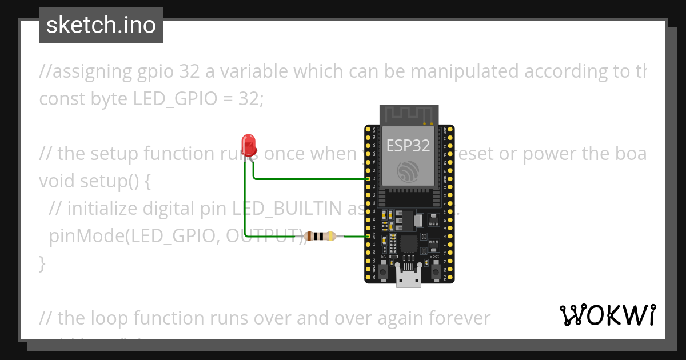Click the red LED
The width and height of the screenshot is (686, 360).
[x=248, y=144]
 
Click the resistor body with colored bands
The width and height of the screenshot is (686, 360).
[x=320, y=235]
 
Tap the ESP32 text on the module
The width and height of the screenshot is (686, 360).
[x=408, y=145]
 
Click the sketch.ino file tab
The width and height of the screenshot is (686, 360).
[x=101, y=25]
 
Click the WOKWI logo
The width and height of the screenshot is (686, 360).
[x=607, y=315]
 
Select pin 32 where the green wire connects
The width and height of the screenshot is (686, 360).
[x=368, y=179]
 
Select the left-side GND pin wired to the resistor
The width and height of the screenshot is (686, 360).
[x=368, y=235]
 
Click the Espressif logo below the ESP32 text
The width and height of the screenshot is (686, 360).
[x=408, y=170]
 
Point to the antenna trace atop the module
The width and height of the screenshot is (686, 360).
[x=409, y=115]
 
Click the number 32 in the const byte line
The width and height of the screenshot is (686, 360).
[x=250, y=99]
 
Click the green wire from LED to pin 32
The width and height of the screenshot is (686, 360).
[x=309, y=179]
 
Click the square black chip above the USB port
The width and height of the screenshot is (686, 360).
[x=408, y=244]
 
